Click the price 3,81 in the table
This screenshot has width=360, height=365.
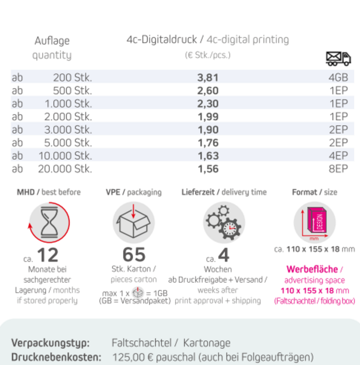pos(207,77)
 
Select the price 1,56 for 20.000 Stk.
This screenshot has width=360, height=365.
pos(207,169)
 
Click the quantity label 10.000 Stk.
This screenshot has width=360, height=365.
pos(65,156)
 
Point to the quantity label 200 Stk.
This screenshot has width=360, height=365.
pos(72,77)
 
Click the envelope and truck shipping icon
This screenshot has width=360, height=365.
pos(338,58)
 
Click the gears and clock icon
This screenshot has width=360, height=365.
pos(224,223)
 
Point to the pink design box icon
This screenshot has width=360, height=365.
pos(315,222)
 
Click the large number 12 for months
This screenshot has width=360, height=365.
pos(47,255)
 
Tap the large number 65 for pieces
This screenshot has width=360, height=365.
pos(134,255)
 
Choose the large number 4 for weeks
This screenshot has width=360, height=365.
pos(224,255)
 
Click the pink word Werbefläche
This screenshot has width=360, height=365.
pos(312,269)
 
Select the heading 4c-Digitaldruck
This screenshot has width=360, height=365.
pos(161,40)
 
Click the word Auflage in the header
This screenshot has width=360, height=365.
pos(52,40)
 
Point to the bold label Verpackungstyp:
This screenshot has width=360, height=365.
pos(50,343)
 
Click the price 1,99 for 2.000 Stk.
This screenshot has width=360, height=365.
pos(207,117)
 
